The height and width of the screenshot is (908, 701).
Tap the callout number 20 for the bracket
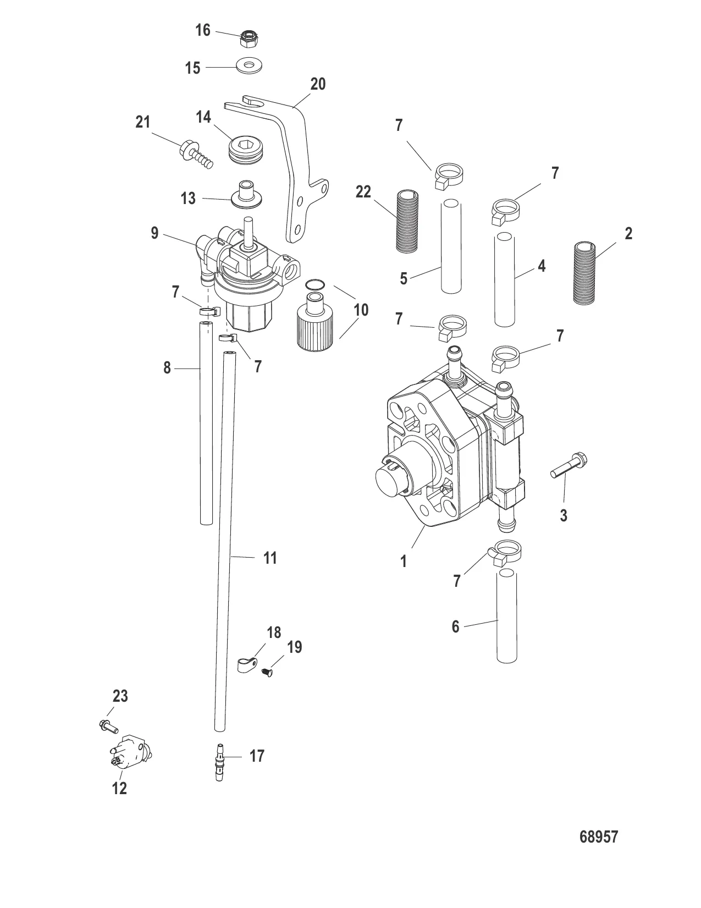318,84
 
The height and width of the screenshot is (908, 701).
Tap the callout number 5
404,279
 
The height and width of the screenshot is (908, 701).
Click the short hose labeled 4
505,279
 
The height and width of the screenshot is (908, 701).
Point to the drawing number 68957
599,852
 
